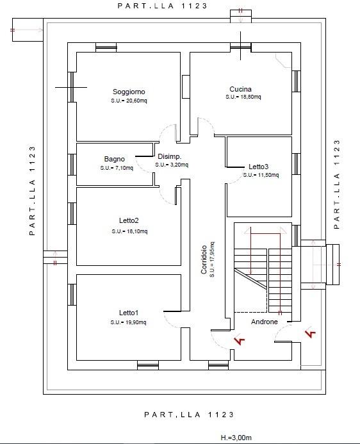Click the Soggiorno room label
[129, 92]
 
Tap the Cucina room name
[240, 89]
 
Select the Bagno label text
[114, 159]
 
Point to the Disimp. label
[170, 156]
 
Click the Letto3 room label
[258, 167]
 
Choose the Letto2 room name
[129, 220]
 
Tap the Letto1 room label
[129, 313]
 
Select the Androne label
[265, 322]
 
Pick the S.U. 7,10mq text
[117, 168]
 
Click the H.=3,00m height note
[236, 438]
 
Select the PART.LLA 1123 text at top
[163, 6]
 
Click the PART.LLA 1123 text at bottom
[189, 415]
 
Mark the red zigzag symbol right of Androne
[311, 333]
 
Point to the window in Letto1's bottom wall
[148, 365]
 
